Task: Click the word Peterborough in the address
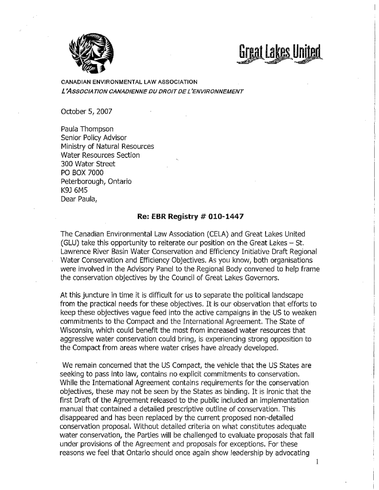coord(85,181)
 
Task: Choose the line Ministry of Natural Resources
coord(108,146)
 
